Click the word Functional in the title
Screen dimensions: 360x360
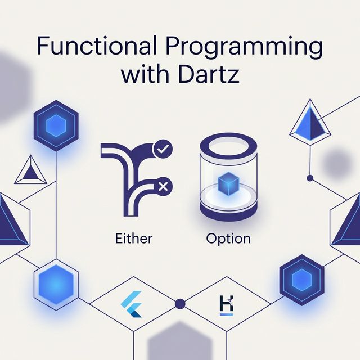point(97,45)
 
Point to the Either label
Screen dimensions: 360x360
point(134,238)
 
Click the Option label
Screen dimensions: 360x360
point(228,239)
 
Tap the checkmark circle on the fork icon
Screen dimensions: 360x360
point(163,149)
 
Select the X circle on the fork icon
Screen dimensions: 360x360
point(163,186)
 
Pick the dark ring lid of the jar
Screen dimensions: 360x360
point(228,147)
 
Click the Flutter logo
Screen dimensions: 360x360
point(131,304)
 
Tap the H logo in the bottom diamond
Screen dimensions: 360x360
point(226,305)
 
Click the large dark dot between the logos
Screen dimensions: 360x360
point(180,304)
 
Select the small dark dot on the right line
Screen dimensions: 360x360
point(310,178)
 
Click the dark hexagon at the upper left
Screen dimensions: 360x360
point(56,125)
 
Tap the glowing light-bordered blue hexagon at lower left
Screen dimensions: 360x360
point(56,285)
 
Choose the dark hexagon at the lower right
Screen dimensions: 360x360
point(301,280)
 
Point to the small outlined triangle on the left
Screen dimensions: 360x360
point(30,170)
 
